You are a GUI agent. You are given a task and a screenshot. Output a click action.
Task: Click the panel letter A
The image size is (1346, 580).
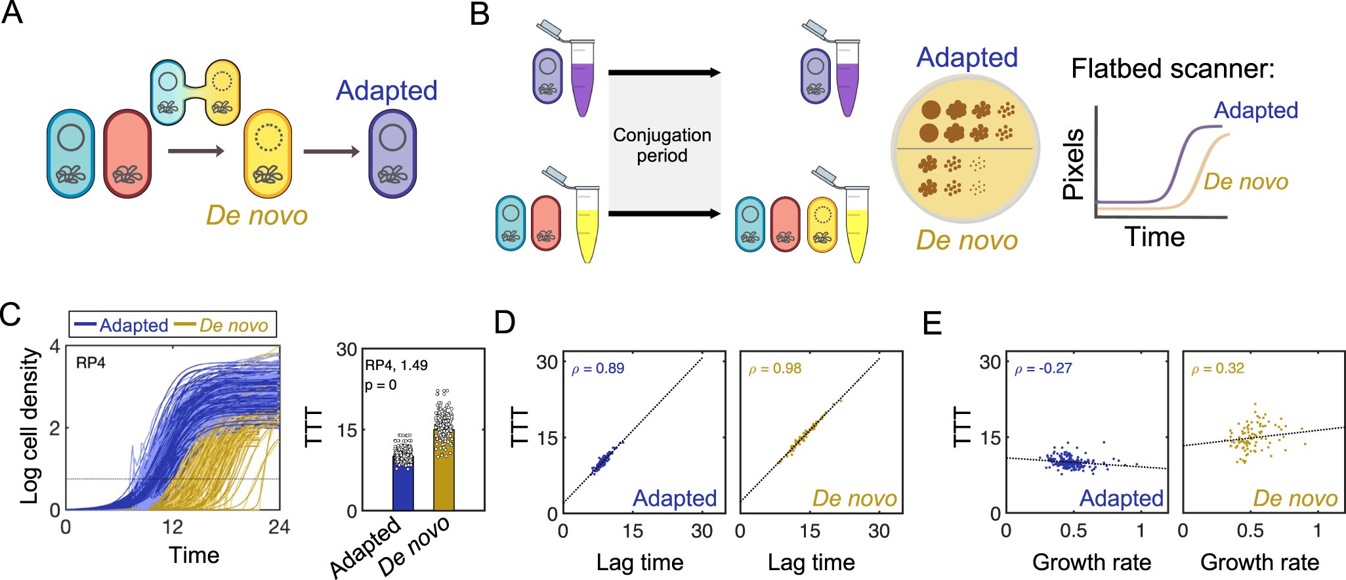[x=12, y=13]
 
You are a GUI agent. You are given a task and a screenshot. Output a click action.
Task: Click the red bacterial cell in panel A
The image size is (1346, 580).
[x=127, y=154]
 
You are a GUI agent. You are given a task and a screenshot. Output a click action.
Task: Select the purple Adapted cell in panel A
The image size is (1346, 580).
[x=392, y=154]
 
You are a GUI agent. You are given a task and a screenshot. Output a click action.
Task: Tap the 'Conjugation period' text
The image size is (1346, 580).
[x=662, y=145]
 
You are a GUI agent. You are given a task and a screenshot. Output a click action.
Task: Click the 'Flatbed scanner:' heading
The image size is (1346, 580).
[x=1173, y=68]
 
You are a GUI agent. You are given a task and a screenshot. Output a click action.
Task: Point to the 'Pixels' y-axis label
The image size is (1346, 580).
[x=1074, y=164]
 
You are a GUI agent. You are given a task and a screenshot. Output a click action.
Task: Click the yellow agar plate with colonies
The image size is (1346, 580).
[x=965, y=150]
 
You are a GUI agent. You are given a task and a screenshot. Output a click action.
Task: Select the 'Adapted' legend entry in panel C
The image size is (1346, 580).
[x=122, y=325]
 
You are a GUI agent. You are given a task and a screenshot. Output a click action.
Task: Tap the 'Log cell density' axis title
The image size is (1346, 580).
[x=29, y=426]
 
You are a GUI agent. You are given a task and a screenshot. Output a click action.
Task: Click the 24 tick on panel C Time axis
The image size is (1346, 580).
[x=279, y=527]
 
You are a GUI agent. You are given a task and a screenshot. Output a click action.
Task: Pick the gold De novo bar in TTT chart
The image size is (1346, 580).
[x=444, y=470]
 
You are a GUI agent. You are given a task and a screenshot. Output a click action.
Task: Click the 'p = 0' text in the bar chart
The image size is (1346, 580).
[x=381, y=385]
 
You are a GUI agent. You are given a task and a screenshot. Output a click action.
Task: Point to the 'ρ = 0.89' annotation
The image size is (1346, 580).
[x=598, y=369]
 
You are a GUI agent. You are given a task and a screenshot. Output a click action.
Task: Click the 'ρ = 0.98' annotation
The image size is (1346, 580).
[x=775, y=369]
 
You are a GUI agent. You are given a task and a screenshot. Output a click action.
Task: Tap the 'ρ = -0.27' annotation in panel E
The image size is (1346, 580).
[x=1043, y=369]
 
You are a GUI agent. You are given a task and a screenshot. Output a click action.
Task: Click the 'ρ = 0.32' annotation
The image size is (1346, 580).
[x=1217, y=369]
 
